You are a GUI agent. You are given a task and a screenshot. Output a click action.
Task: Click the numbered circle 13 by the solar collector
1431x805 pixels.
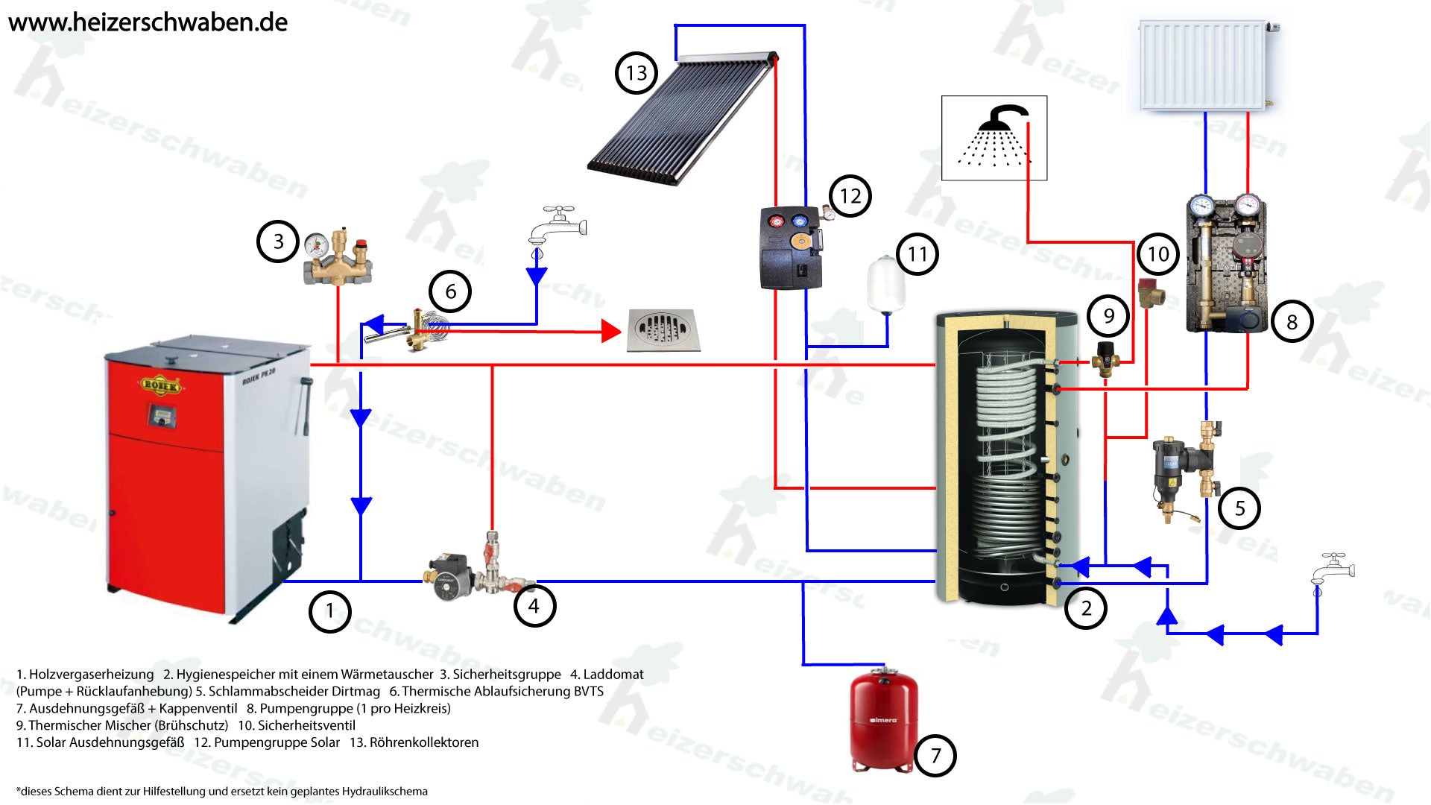(x=636, y=73)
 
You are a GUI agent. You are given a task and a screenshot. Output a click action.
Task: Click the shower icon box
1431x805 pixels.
(x=994, y=138)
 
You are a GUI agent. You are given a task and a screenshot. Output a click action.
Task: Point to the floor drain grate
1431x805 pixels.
(x=663, y=329)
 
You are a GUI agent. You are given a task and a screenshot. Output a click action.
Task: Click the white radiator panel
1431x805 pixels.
(x=1203, y=66)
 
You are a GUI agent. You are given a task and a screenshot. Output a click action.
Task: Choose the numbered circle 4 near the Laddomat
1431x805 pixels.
(x=534, y=606)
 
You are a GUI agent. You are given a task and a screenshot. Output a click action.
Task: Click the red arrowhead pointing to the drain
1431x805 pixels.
(x=611, y=331)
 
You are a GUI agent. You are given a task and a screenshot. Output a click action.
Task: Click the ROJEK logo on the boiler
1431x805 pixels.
(x=160, y=385)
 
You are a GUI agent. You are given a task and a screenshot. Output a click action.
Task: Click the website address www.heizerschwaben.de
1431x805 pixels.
(x=148, y=22)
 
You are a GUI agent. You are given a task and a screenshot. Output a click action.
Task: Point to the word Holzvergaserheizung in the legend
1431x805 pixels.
(x=91, y=675)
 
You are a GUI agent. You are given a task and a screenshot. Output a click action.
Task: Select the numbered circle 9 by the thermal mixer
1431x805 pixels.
(x=1108, y=316)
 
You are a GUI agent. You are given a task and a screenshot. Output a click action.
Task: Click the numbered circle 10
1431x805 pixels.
(x=1157, y=254)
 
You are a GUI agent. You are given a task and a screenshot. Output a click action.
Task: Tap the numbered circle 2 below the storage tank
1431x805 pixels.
(x=1086, y=608)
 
